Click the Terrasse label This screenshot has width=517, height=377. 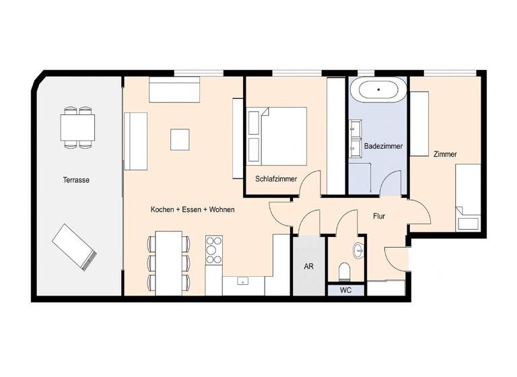pos(76,180)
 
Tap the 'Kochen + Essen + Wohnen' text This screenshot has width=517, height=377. pos(193,210)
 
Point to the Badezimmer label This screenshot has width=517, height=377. pos(383,145)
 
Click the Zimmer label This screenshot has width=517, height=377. pos(445,154)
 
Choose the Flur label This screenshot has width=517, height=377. pos(384,216)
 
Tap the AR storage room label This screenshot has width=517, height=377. pos(308,267)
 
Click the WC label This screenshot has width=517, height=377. pos(345,291)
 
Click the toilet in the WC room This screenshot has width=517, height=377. pos(345,271)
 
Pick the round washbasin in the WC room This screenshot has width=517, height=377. pos(358,251)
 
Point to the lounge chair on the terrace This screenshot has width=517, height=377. pos(74,245)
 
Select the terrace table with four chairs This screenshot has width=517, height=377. pos(77,127)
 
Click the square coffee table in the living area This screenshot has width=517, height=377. pos(180,139)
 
